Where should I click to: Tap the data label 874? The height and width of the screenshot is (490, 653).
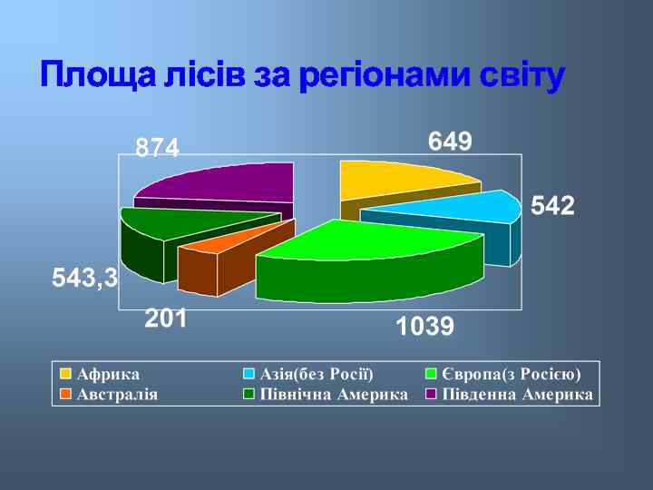[158, 148]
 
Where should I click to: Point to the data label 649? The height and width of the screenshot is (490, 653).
[450, 142]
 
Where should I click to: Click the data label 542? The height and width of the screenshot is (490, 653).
[552, 207]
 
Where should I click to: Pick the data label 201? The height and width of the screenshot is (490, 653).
[166, 318]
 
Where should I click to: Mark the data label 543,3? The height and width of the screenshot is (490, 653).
[85, 278]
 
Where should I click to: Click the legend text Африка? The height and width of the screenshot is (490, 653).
[108, 374]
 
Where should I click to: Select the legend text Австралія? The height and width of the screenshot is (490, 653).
[117, 395]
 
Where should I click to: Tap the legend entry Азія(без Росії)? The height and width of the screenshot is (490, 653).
[317, 374]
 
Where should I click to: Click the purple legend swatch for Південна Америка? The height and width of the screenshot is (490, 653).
[433, 395]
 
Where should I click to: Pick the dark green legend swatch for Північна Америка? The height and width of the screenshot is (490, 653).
[249, 395]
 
